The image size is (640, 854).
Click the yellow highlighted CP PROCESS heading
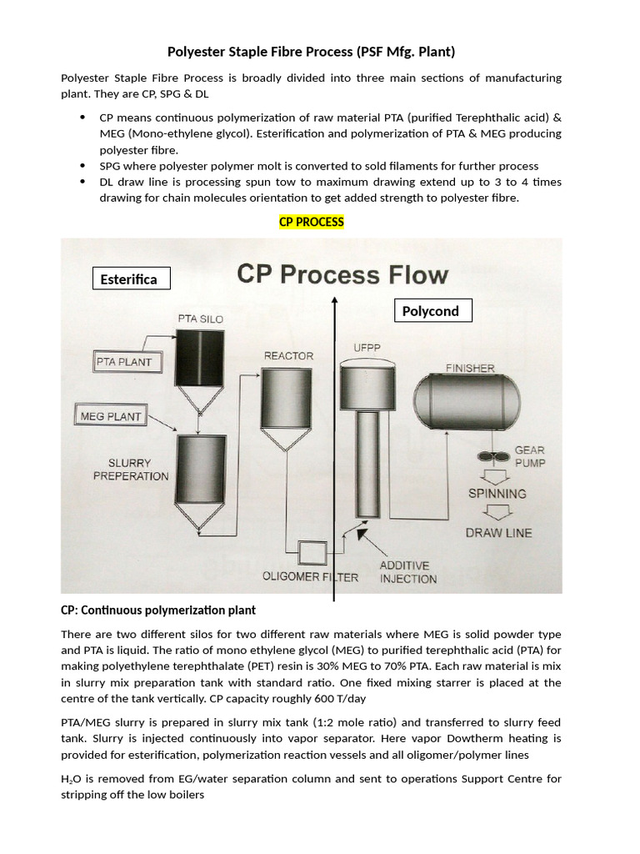pyautogui.click(x=311, y=222)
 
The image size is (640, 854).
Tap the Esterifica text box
pyautogui.click(x=131, y=279)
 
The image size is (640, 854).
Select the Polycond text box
pyautogui.click(x=432, y=310)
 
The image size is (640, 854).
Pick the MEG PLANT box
pyautogui.click(x=111, y=415)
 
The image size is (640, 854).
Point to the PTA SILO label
pyautogui.click(x=200, y=319)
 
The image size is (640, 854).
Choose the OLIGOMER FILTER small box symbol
pyautogui.click(x=315, y=552)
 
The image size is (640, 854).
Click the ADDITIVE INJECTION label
pyautogui.click(x=407, y=571)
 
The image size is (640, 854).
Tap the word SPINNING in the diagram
pyautogui.click(x=497, y=493)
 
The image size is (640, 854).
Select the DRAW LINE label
pyautogui.click(x=497, y=532)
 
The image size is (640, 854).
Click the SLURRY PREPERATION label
pyautogui.click(x=131, y=470)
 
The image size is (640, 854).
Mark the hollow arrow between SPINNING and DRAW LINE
pyautogui.click(x=487, y=512)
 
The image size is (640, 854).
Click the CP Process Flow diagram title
pyautogui.click(x=342, y=274)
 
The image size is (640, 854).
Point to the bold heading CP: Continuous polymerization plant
pyautogui.click(x=158, y=610)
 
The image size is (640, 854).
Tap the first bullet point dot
pyautogui.click(x=82, y=118)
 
